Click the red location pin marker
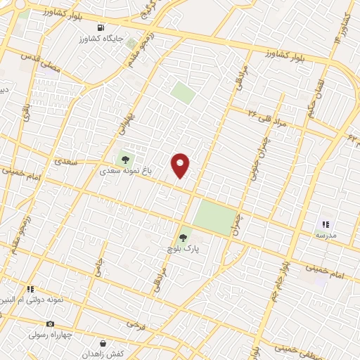(181, 165)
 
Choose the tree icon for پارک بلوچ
(184, 238)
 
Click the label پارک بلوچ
(184, 248)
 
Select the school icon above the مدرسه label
(325, 224)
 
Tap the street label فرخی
(136, 324)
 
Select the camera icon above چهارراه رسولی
(50, 324)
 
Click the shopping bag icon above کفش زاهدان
(103, 343)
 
